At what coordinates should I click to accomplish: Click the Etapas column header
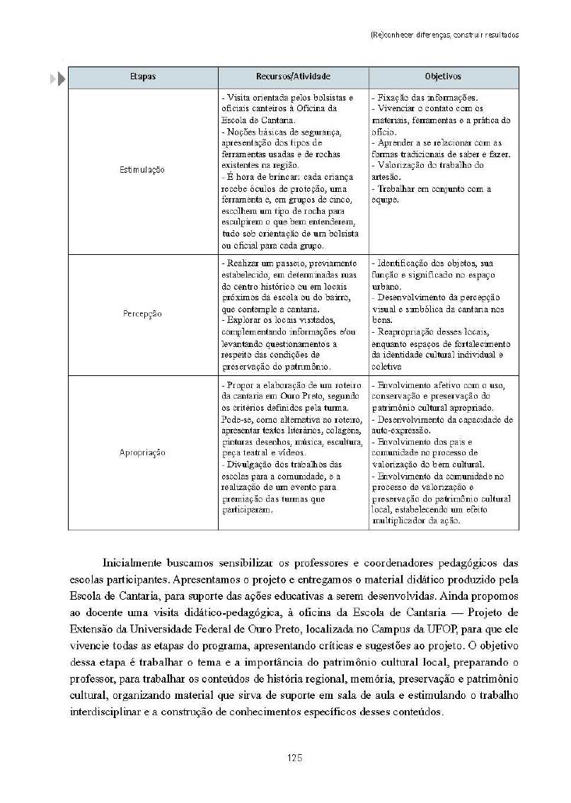point(142,76)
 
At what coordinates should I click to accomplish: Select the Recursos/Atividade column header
point(293,76)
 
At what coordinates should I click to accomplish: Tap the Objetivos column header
point(443,76)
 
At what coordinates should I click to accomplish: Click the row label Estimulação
point(142,170)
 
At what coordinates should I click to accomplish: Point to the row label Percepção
point(142,313)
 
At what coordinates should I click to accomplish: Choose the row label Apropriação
point(142,452)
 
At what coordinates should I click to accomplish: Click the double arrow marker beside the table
point(58,78)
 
